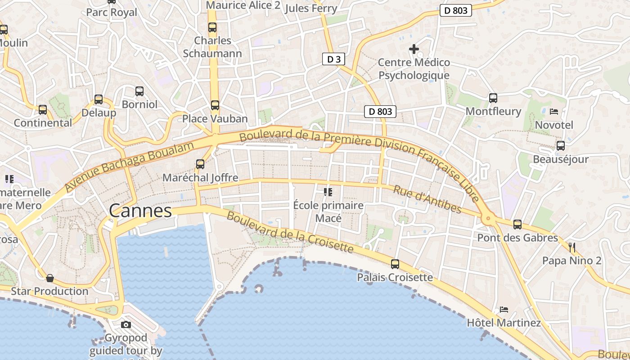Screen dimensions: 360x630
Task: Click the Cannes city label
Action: (x=140, y=211)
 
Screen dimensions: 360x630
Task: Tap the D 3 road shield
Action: (x=333, y=59)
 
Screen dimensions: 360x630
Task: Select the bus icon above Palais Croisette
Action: (x=395, y=264)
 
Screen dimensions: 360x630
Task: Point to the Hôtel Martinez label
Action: (x=504, y=323)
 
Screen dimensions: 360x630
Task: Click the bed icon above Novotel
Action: (x=554, y=111)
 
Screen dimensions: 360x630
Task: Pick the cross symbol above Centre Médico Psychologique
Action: (x=414, y=49)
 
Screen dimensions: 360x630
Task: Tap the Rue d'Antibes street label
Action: (x=427, y=199)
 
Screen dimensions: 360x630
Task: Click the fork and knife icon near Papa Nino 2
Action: (x=572, y=247)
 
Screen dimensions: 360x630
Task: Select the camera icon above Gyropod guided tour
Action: (x=126, y=324)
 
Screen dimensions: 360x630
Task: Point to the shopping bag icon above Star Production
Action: (x=50, y=278)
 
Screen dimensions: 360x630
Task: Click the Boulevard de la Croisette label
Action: (x=290, y=232)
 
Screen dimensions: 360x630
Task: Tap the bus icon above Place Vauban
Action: (x=215, y=105)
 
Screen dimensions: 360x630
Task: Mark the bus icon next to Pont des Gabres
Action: (x=517, y=224)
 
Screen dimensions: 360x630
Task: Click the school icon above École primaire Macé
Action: (x=328, y=192)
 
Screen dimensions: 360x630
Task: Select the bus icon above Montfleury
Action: (x=493, y=98)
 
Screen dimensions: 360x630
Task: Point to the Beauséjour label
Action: (x=560, y=159)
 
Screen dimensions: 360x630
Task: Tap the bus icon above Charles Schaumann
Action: (x=212, y=27)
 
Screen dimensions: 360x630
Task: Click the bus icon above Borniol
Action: (x=139, y=91)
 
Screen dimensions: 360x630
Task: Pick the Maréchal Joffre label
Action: (x=200, y=177)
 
